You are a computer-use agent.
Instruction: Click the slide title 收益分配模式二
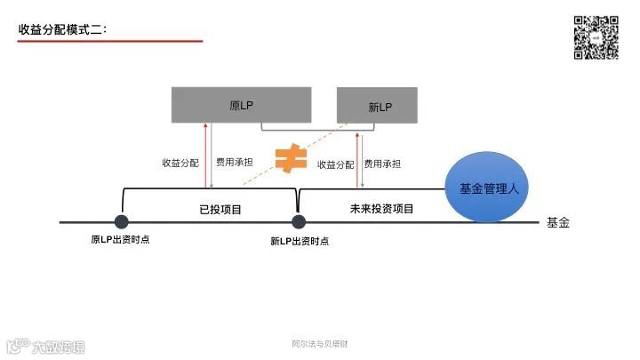click(62, 29)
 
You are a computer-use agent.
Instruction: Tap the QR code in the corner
click(595, 37)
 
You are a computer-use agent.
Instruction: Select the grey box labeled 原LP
click(241, 105)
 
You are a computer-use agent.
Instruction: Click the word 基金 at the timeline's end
click(557, 222)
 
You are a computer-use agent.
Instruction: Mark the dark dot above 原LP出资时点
click(121, 221)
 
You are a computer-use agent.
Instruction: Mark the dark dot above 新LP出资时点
click(298, 221)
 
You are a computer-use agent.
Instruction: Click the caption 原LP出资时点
click(120, 240)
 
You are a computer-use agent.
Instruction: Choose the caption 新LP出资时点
click(299, 241)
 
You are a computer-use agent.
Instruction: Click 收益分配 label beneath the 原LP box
click(180, 163)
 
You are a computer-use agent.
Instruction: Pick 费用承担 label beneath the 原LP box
click(234, 163)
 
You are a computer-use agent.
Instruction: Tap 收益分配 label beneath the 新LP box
click(334, 164)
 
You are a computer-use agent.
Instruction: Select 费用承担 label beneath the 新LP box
click(382, 164)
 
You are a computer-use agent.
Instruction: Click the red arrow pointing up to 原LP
click(206, 155)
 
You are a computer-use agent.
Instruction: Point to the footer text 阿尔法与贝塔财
click(319, 344)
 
